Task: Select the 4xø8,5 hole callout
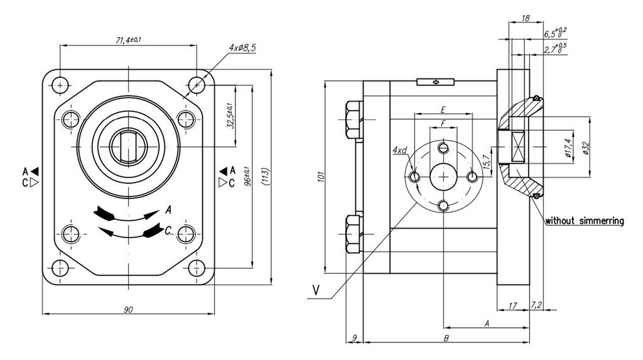coord(242,47)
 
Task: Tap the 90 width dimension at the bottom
coord(128,309)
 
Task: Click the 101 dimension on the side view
coord(320,178)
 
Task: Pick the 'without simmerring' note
coord(584,221)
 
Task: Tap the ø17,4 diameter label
coord(568,148)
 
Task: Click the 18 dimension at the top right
coord(526,19)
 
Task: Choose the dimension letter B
coord(445,339)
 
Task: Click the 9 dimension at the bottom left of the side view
coord(355,338)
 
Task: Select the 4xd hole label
coord(400,150)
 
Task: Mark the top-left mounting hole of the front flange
coord(60,84)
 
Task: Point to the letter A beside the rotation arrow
coord(169,210)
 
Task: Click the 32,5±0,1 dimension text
coord(230,116)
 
